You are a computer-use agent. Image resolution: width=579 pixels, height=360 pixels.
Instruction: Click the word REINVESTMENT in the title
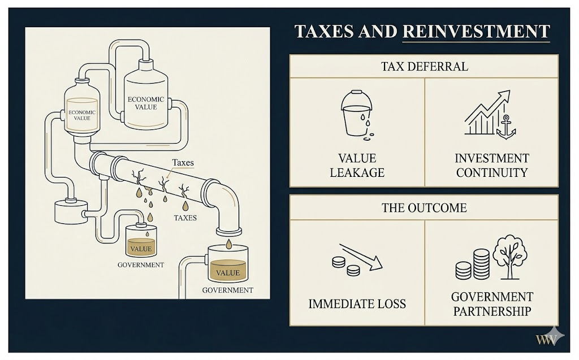coord(476,32)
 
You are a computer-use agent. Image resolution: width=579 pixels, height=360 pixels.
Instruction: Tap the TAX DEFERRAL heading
coord(424,66)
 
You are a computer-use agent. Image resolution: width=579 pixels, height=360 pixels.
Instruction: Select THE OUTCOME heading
coord(424,207)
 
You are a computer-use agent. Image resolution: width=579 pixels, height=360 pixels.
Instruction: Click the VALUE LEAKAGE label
coord(357,165)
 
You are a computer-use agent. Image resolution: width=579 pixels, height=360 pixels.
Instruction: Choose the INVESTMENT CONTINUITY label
coord(492,165)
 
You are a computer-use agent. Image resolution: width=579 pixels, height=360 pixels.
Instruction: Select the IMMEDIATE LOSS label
coord(357,304)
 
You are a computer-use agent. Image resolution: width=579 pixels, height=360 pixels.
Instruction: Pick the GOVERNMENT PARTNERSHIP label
coord(492,304)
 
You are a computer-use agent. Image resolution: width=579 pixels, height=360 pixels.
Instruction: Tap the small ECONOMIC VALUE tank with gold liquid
coord(83,110)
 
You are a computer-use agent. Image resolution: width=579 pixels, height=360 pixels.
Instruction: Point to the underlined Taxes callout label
coord(183,163)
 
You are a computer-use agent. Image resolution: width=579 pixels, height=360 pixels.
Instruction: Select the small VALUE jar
coord(141,244)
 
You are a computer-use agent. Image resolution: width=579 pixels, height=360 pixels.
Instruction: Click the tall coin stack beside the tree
coord(481,263)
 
